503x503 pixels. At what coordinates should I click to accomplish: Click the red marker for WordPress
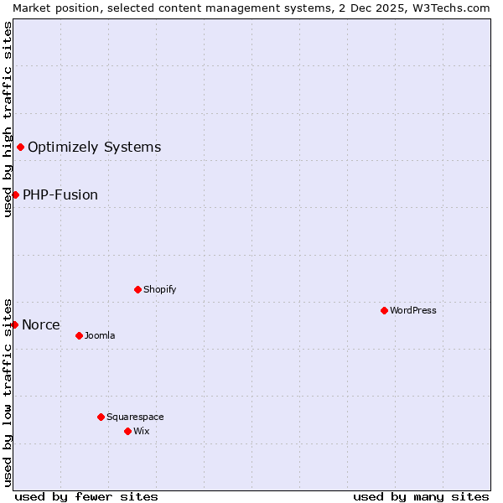click(x=384, y=310)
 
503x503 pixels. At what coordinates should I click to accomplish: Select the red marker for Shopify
click(x=137, y=289)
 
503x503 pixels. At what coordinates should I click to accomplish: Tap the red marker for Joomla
click(x=79, y=335)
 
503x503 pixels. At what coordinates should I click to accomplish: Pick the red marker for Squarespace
click(x=101, y=417)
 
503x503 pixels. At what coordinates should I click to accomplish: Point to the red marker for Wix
click(x=127, y=431)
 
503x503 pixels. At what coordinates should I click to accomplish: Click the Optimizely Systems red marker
click(x=20, y=148)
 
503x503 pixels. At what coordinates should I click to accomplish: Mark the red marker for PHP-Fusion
click(x=15, y=194)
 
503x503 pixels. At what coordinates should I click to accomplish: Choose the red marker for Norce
click(x=14, y=324)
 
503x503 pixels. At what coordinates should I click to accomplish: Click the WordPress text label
click(x=413, y=310)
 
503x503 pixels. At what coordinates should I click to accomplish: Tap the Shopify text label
click(x=159, y=289)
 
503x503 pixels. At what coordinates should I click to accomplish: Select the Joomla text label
click(x=100, y=335)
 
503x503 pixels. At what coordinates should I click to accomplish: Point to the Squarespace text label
click(x=135, y=417)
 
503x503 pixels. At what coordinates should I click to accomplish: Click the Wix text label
click(x=141, y=431)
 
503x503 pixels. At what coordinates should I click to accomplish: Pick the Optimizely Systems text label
click(x=94, y=148)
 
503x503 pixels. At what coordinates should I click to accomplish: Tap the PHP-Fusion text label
click(x=60, y=194)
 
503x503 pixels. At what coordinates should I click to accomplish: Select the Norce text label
click(x=41, y=324)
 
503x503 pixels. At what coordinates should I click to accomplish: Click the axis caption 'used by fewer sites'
click(x=86, y=496)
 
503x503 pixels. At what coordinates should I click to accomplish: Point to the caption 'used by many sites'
click(x=421, y=496)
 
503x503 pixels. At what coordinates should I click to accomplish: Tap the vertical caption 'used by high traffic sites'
click(x=8, y=119)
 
